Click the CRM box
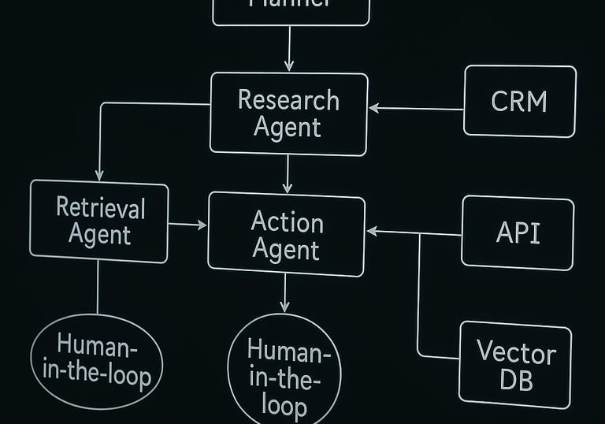(x=519, y=101)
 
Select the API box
(x=518, y=232)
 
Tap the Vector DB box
(x=515, y=364)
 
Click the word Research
(x=288, y=100)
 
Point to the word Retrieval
(x=101, y=208)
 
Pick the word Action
(x=287, y=222)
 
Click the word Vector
(x=516, y=352)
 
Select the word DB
(x=515, y=380)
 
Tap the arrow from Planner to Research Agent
(x=289, y=48)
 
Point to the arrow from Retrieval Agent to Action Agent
(x=187, y=225)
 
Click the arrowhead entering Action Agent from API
(x=373, y=231)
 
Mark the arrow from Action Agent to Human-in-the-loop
(x=285, y=294)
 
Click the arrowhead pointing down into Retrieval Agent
(x=99, y=174)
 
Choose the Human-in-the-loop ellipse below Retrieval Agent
(x=97, y=361)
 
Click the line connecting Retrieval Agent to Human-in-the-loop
(x=97, y=288)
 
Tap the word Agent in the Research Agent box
(x=288, y=128)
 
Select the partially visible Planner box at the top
(x=291, y=10)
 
